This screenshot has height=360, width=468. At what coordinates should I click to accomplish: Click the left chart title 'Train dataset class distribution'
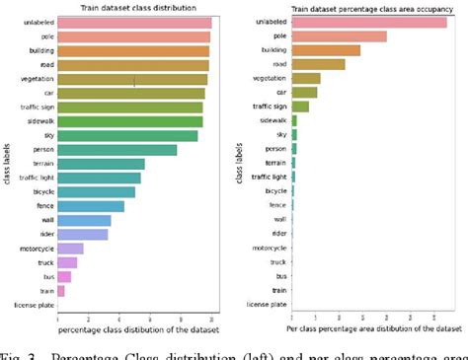(x=135, y=8)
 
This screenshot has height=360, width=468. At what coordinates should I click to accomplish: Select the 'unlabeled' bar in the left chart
(x=134, y=22)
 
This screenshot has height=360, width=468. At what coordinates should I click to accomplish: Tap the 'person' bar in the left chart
(x=117, y=150)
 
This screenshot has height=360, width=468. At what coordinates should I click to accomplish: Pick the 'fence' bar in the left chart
(x=91, y=206)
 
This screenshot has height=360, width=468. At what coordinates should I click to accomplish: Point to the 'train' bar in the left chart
(x=61, y=291)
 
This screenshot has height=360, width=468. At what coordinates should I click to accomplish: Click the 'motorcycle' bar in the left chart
(x=70, y=249)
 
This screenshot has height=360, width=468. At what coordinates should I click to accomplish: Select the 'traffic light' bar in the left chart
(x=99, y=178)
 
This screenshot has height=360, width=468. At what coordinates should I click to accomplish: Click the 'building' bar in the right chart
(x=325, y=50)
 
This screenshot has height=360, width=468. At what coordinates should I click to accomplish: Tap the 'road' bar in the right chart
(x=318, y=64)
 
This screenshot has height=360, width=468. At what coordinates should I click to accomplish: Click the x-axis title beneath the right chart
(x=374, y=326)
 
